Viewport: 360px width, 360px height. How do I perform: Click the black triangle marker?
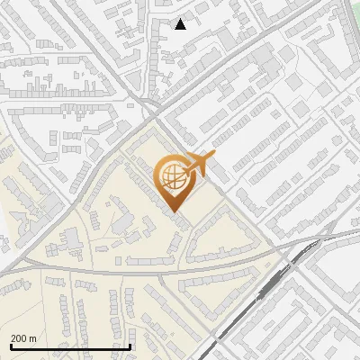181,24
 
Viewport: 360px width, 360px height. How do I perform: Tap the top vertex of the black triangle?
181,19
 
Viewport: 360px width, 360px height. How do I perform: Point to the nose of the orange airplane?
213,155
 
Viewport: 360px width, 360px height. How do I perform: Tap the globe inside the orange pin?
172,176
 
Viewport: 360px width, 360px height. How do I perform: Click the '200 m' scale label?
23,338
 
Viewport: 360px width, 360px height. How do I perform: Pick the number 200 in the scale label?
19,338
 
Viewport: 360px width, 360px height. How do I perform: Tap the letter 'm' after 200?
32,338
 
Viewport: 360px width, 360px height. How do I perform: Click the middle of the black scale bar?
70,346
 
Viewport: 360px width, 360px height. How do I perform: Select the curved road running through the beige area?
135,270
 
